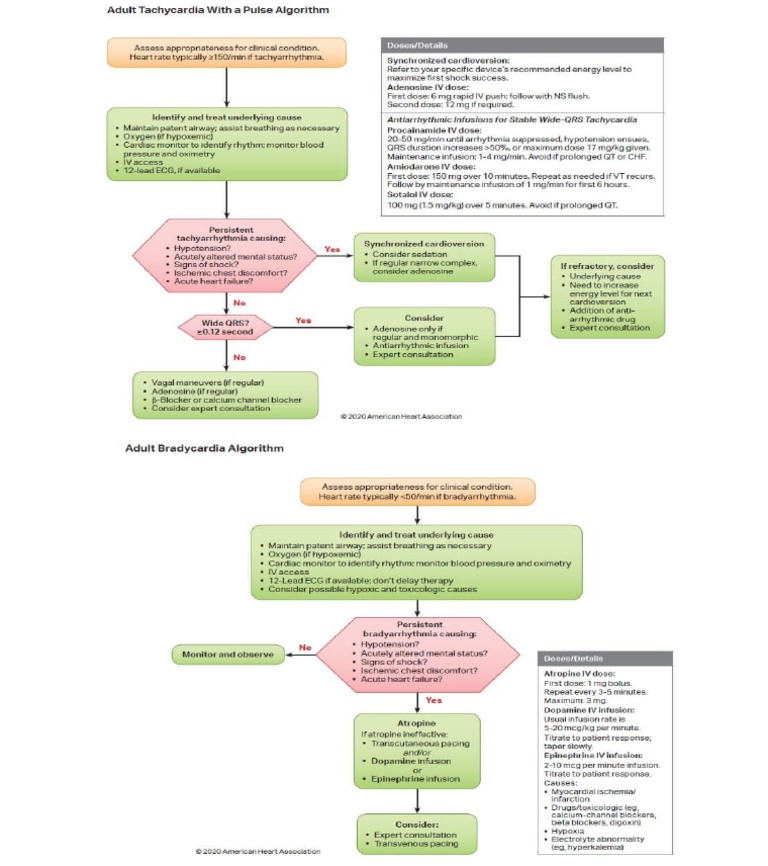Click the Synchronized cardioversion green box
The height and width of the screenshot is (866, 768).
tap(424, 256)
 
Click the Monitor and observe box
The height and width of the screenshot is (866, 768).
tap(225, 655)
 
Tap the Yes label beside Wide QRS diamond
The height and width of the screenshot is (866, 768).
tap(303, 321)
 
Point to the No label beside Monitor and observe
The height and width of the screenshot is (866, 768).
tap(305, 647)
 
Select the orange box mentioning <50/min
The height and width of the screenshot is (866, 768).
tap(417, 490)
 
